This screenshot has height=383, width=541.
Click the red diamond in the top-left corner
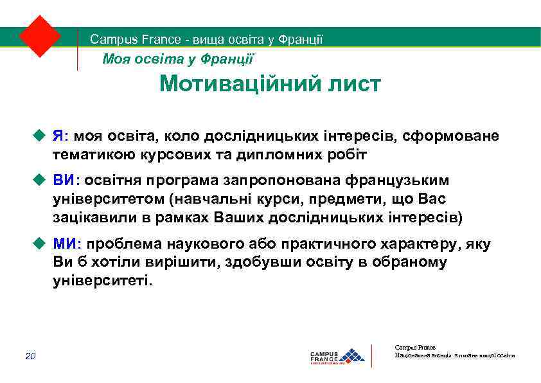click(x=40, y=36)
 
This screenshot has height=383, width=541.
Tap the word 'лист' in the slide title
click(x=353, y=84)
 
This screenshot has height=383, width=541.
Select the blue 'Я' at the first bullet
click(x=58, y=136)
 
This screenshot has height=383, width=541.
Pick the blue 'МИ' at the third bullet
click(x=65, y=244)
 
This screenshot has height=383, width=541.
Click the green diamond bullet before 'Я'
click(x=40, y=136)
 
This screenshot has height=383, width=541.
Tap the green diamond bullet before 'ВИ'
click(x=40, y=179)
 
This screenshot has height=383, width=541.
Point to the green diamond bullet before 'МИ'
click(x=40, y=244)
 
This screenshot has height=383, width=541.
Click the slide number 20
click(x=31, y=357)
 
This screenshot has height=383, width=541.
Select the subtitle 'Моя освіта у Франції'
click(x=179, y=60)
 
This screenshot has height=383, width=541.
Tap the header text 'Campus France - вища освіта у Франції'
click(x=206, y=40)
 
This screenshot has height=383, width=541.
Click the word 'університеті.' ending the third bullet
click(x=104, y=281)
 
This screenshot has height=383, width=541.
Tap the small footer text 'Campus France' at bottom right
click(x=414, y=348)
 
